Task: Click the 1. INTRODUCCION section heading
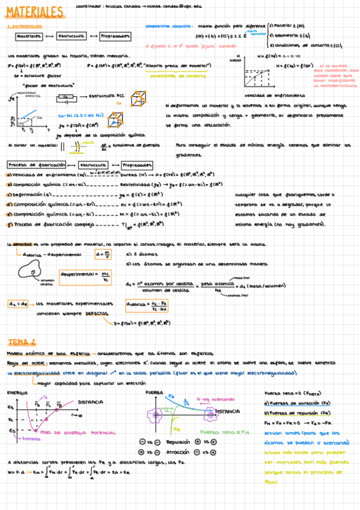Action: (24, 26)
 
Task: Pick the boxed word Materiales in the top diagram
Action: (29, 37)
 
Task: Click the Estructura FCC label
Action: (109, 96)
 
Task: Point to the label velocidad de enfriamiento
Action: (275, 96)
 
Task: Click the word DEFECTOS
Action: (97, 313)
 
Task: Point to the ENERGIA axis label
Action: (17, 393)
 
